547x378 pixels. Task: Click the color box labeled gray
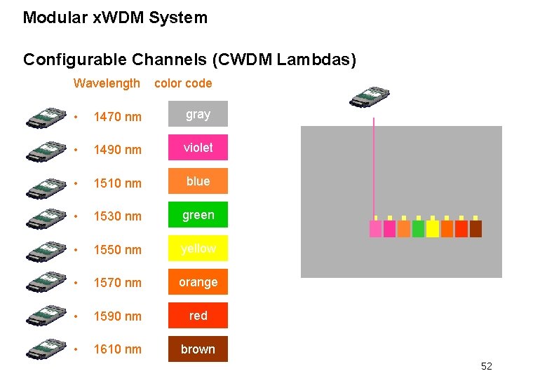198,114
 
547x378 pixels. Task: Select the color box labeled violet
198,148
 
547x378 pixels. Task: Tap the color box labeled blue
198,181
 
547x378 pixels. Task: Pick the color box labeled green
198,215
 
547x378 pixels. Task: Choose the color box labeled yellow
198,248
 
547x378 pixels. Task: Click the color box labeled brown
198,349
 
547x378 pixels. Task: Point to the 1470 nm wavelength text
117,116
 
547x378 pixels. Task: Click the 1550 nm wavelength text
117,250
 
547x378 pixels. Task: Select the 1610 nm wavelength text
117,349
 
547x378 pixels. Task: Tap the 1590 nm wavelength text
117,316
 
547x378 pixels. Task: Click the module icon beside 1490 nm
47,150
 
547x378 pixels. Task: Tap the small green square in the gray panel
419,229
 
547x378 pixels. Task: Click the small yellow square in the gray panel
433,229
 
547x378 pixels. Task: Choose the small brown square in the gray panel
475,229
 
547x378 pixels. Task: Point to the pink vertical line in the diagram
374,168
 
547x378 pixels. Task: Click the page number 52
486,366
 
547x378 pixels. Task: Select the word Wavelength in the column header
107,83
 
